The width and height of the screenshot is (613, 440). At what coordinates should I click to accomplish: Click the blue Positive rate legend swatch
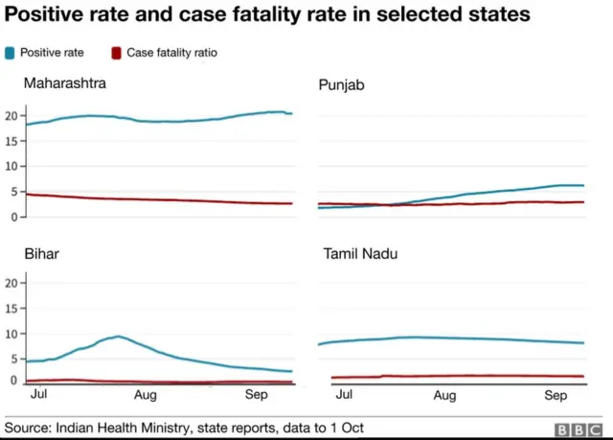[x=11, y=53]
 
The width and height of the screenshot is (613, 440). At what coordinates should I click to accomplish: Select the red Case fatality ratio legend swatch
[x=117, y=53]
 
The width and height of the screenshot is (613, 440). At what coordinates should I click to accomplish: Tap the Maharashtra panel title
[x=65, y=83]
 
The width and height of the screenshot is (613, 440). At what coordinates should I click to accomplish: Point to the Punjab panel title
[x=342, y=86]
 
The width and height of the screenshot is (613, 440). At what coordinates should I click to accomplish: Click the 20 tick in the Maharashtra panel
[x=12, y=116]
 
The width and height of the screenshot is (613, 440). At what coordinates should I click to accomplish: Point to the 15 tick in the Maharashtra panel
[x=12, y=141]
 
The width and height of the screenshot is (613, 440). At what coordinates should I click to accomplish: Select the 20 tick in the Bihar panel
[x=12, y=283]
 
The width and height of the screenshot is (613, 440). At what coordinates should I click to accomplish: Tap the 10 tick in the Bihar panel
[x=12, y=334]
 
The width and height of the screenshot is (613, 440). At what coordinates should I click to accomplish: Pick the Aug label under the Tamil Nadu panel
[x=444, y=394]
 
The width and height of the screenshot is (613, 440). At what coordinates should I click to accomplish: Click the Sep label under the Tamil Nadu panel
[x=556, y=394]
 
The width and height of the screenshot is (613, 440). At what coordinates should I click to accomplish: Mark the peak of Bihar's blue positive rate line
[x=118, y=336]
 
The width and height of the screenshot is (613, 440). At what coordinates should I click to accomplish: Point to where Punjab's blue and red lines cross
[x=387, y=204]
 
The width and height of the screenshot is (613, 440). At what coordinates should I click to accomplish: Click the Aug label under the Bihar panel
[x=145, y=394]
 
